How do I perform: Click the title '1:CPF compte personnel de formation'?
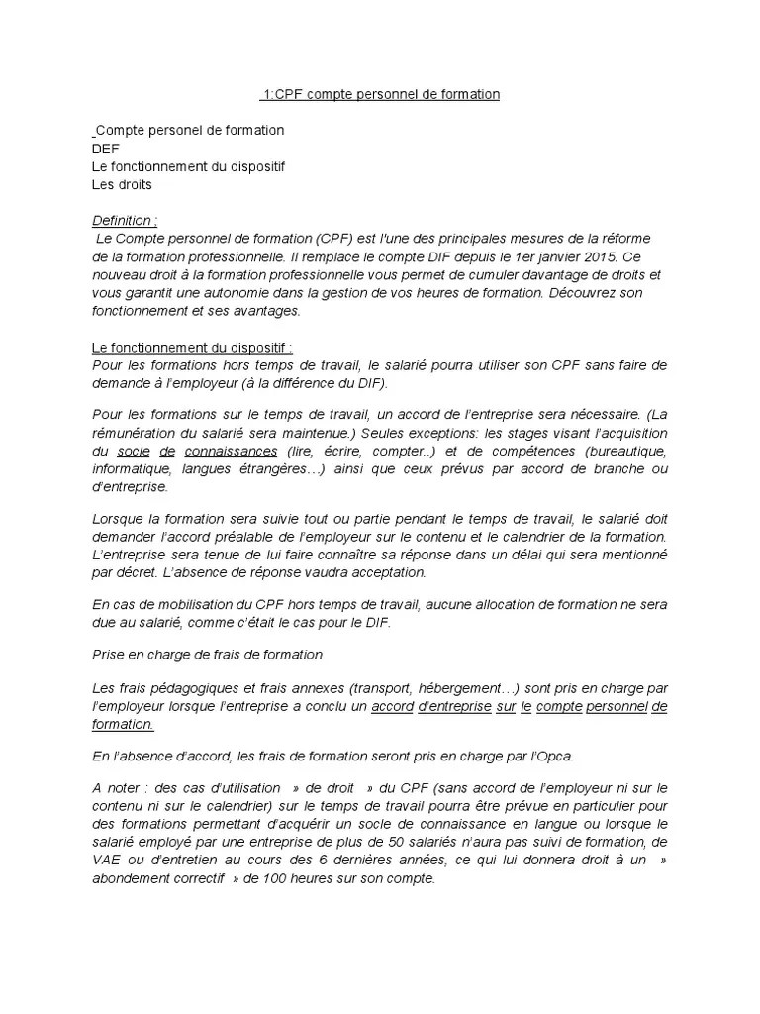381,94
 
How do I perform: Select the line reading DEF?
105,149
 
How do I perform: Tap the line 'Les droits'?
122,184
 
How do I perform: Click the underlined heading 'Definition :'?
124,221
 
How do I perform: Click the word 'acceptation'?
385,571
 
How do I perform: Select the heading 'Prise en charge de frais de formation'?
207,654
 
